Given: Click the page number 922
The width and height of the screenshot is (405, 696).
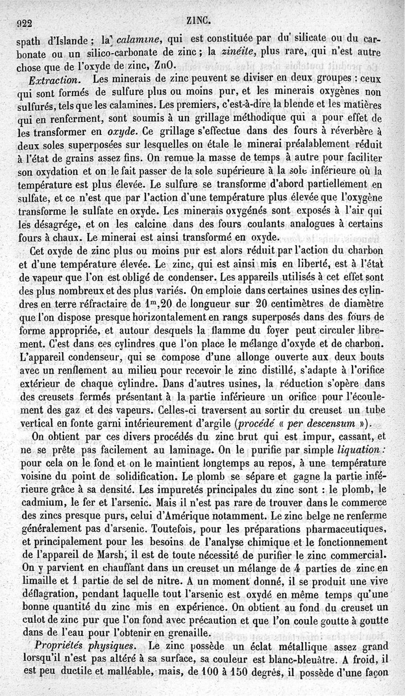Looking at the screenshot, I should pos(24,23).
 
